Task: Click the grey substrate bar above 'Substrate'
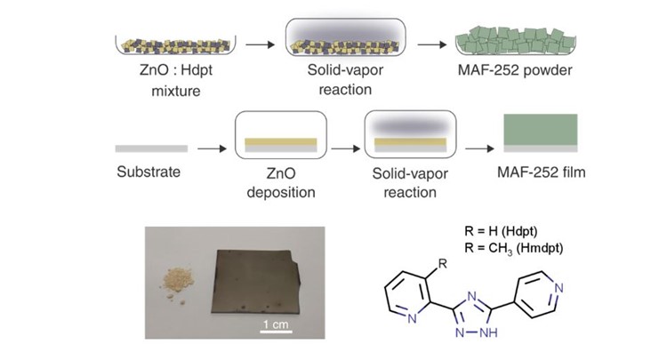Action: (x=151, y=148)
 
